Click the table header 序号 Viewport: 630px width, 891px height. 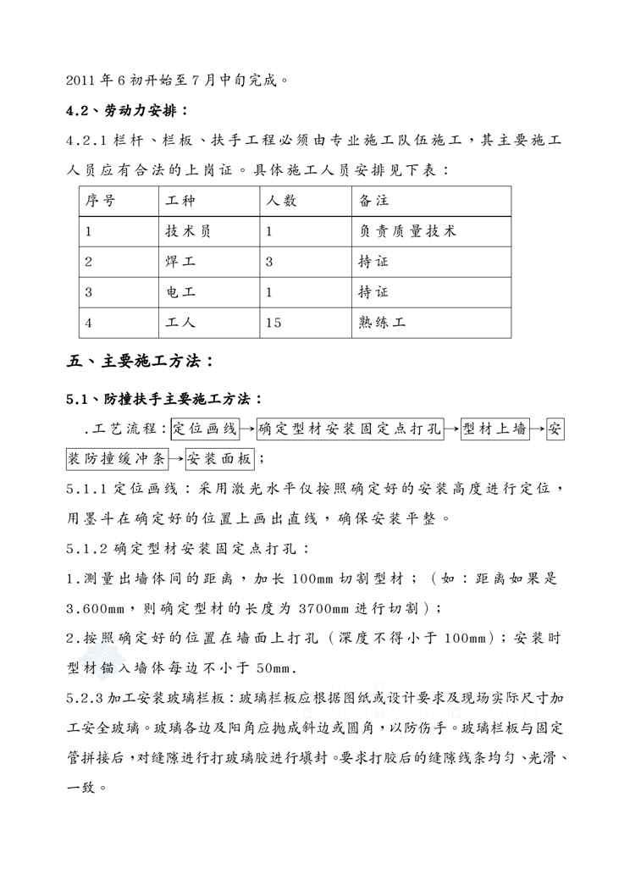pos(101,201)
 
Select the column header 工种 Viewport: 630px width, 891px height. pos(181,201)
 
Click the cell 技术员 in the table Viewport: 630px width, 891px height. pos(188,231)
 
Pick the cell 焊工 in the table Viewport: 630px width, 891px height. pos(181,262)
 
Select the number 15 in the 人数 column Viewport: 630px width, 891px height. pos(273,323)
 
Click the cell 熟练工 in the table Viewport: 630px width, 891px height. pos(383,323)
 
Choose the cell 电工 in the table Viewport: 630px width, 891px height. pos(181,292)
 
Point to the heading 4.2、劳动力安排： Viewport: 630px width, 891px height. pos(127,111)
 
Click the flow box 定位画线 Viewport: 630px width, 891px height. pos(206,429)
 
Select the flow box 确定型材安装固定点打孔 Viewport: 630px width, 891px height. pos(349,429)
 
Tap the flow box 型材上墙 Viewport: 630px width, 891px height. pos(495,429)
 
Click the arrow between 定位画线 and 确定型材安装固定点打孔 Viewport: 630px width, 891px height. pos(247,430)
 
